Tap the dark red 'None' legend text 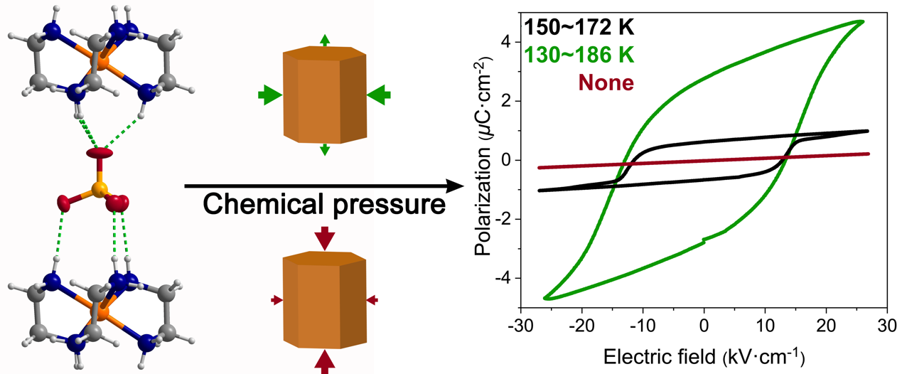coord(606,82)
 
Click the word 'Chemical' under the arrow coord(257,205)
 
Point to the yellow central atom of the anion coord(100,188)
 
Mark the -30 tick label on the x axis coord(521,324)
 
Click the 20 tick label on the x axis coord(826,324)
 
